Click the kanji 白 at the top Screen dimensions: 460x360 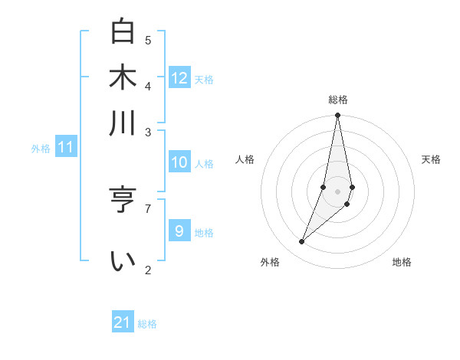click(x=123, y=33)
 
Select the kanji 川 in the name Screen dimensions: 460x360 click(x=123, y=123)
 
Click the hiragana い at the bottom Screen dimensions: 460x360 click(x=123, y=261)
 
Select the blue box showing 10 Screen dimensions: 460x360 click(x=179, y=162)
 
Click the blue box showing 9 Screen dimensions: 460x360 click(x=179, y=231)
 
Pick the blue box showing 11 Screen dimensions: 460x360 click(x=66, y=147)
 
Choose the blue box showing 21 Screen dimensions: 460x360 click(x=123, y=322)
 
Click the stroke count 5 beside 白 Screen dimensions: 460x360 click(x=148, y=40)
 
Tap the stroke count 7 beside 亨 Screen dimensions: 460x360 click(x=148, y=208)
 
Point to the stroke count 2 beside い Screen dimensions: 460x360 click(x=148, y=269)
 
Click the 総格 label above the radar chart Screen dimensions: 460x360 click(x=337, y=100)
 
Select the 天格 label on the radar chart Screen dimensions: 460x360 click(x=431, y=159)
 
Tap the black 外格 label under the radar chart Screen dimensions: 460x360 click(x=270, y=262)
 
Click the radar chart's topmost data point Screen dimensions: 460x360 click(x=337, y=116)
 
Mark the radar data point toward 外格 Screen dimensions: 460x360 click(x=302, y=242)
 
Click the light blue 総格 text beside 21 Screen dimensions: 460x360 click(x=147, y=324)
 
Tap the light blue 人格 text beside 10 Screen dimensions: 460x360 click(x=204, y=164)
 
